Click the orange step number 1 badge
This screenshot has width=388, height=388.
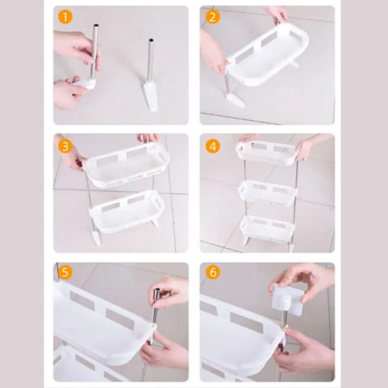pos(65,17)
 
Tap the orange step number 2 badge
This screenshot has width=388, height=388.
pos(213,17)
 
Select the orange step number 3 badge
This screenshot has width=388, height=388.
pos(65,146)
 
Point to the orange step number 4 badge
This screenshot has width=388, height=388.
pos(213,146)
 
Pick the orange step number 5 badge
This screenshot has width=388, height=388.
pos(65,273)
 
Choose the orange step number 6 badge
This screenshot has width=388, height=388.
pos(213,273)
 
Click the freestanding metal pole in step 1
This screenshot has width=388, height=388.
pos(150,60)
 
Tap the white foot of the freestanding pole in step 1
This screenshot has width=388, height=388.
pos(150,96)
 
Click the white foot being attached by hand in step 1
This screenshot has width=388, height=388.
pos(87,84)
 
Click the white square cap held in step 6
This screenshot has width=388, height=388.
pos(288,300)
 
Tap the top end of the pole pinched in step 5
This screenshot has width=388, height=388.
pos(157,289)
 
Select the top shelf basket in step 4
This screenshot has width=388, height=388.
pos(267,152)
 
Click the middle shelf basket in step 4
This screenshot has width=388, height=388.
pos(268,193)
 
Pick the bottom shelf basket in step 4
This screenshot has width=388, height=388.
pos(267,229)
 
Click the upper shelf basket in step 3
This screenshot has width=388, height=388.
pos(126,165)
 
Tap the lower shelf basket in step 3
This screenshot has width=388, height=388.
pos(127,212)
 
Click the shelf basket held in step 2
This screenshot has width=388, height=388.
pos(268,55)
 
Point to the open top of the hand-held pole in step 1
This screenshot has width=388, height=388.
pos(96,25)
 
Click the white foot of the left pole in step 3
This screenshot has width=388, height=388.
pos(96,238)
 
